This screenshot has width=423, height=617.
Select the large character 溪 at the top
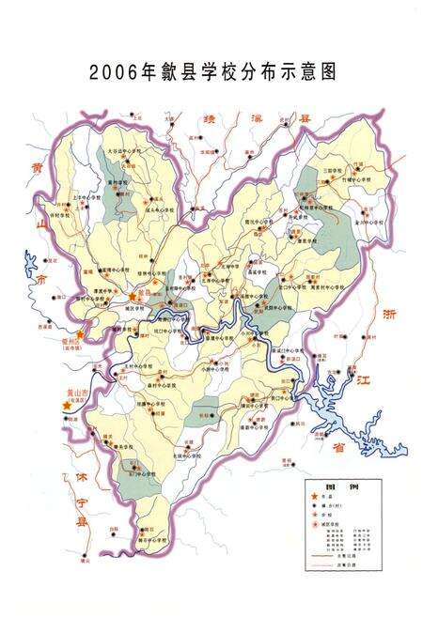click(257, 120)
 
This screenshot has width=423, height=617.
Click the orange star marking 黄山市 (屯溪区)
click(65, 405)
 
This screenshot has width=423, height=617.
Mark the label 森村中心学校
click(149, 384)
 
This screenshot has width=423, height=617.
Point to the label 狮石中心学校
click(152, 541)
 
